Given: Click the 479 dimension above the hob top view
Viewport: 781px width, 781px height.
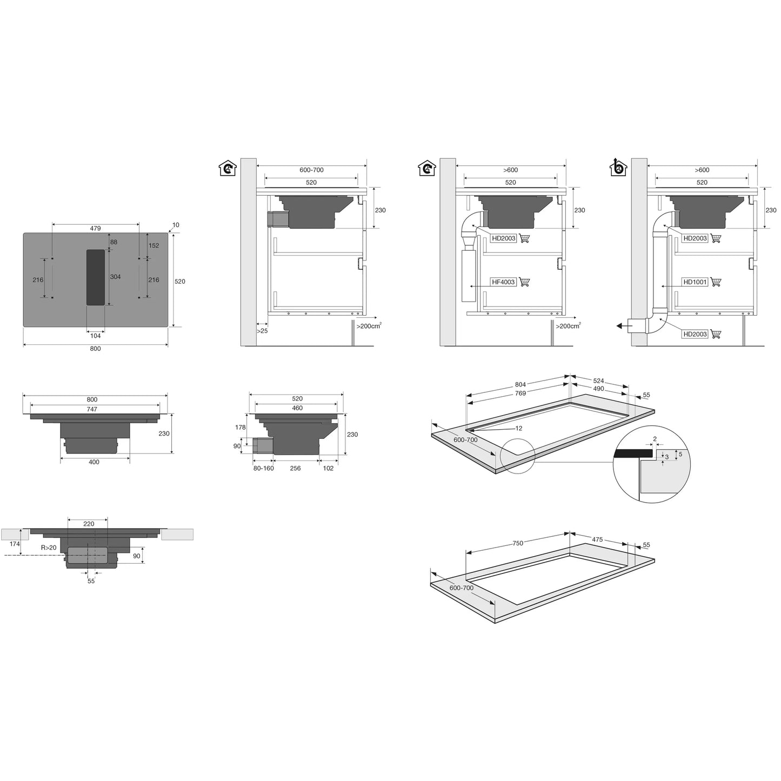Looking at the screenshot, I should click(x=95, y=229).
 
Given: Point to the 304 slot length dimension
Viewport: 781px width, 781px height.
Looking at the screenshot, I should click(x=115, y=277).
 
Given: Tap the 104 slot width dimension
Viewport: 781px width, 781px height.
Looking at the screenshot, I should click(x=96, y=336).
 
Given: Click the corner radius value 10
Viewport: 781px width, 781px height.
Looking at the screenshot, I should click(x=176, y=225).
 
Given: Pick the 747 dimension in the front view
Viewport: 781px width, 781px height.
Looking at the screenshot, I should click(x=92, y=410).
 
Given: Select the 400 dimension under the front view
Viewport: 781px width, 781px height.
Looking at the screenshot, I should click(x=94, y=462).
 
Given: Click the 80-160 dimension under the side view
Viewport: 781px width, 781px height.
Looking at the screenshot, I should click(x=264, y=469).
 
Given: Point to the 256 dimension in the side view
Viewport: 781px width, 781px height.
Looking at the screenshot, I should click(x=295, y=469).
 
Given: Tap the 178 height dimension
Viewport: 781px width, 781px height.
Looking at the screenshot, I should click(x=241, y=428).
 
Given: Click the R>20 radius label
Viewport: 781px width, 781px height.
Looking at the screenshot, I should click(x=49, y=548).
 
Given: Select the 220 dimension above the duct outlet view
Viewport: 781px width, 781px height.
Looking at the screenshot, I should click(x=89, y=524).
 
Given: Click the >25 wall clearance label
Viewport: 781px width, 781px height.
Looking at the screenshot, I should click(x=262, y=331).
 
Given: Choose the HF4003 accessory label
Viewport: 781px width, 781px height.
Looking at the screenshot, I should click(x=503, y=282).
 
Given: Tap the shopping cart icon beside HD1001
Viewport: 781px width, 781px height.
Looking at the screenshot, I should click(x=716, y=282).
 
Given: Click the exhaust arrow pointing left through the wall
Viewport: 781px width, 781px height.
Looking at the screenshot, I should click(x=624, y=326).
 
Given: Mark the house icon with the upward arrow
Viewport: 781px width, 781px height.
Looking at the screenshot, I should click(x=618, y=167).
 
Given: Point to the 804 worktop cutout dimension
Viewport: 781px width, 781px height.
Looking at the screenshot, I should click(x=520, y=385).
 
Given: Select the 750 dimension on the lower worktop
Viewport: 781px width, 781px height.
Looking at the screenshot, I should click(x=518, y=543).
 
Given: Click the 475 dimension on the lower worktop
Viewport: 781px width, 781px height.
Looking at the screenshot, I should click(x=597, y=540).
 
